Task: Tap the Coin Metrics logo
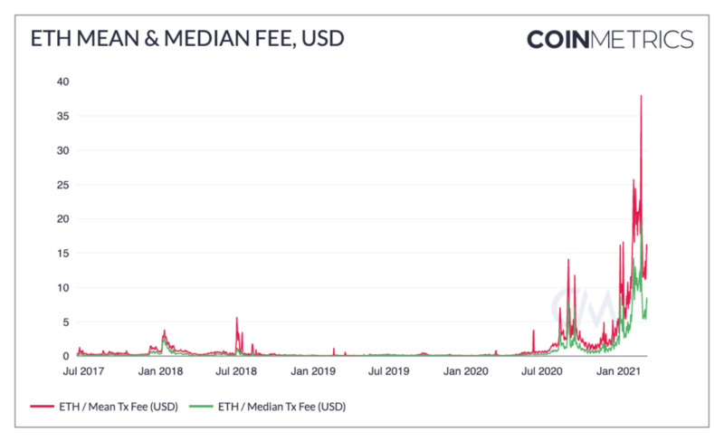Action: (610, 40)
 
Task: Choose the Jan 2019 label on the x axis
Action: (312, 371)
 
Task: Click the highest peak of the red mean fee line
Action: (641, 96)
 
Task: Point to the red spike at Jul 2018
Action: (237, 318)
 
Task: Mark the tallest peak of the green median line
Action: (641, 237)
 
